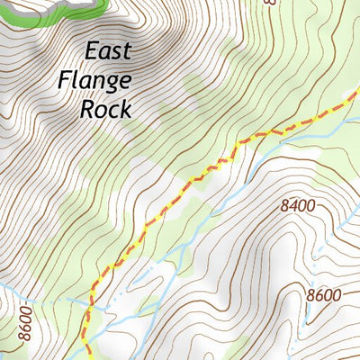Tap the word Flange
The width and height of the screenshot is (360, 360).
point(95,81)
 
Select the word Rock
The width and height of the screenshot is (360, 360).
point(105,110)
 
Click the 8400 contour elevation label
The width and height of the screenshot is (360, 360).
point(298,206)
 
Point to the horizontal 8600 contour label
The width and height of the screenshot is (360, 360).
point(323,295)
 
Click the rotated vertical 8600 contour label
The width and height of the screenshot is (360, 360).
point(24,327)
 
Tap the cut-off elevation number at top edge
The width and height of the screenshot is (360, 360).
point(269,3)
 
